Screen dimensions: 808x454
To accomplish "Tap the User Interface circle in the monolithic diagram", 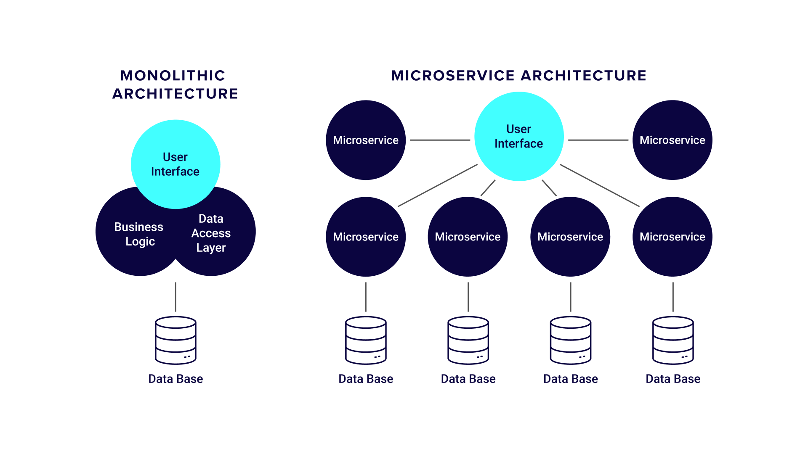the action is pyautogui.click(x=175, y=164).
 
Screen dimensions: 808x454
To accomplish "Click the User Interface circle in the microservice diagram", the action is pyautogui.click(x=519, y=137).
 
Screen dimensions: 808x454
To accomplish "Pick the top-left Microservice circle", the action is pyautogui.click(x=366, y=140).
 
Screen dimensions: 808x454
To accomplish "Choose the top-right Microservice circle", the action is pyautogui.click(x=672, y=140).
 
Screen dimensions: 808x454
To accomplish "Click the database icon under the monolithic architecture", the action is pyautogui.click(x=175, y=340).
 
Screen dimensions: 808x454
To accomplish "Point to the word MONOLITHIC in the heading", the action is pyautogui.click(x=173, y=76).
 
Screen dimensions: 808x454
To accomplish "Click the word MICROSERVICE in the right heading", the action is pyautogui.click(x=453, y=76).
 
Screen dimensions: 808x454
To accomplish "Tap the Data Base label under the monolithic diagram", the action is pyautogui.click(x=175, y=379).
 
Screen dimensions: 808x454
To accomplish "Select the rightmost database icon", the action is pyautogui.click(x=673, y=340).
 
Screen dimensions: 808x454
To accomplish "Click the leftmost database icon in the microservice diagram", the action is pyautogui.click(x=366, y=340).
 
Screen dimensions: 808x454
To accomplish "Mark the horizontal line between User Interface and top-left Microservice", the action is pyautogui.click(x=440, y=140).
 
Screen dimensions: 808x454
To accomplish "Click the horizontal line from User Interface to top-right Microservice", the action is pyautogui.click(x=598, y=140).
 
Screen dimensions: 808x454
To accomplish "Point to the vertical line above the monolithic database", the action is pyautogui.click(x=175, y=297).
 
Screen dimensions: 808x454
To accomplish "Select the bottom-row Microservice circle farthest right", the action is pyautogui.click(x=672, y=237).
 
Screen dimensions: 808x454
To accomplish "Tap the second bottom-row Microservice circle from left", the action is pyautogui.click(x=468, y=237).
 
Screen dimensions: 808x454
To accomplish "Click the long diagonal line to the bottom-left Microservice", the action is pyautogui.click(x=438, y=185).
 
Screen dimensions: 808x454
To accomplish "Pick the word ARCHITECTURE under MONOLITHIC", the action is pyautogui.click(x=175, y=94).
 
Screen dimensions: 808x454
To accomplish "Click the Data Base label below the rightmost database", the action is pyautogui.click(x=673, y=379).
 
